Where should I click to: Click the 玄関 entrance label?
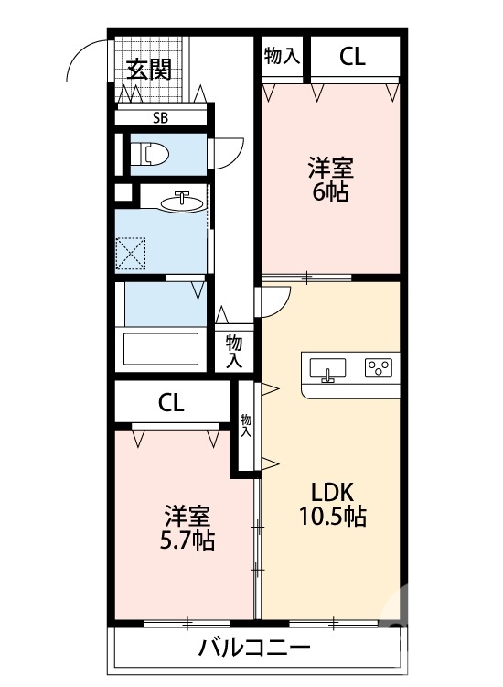149,70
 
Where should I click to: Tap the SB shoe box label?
159,117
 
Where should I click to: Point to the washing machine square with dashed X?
132,253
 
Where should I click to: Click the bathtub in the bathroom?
161,350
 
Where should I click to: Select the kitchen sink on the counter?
326,369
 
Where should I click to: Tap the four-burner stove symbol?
378,368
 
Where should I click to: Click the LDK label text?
331,489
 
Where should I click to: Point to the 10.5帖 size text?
331,517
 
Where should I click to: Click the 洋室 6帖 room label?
330,180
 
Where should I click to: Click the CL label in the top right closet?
352,57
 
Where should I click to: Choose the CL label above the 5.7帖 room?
171,401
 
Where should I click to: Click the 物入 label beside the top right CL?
282,56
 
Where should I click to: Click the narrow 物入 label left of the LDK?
245,426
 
